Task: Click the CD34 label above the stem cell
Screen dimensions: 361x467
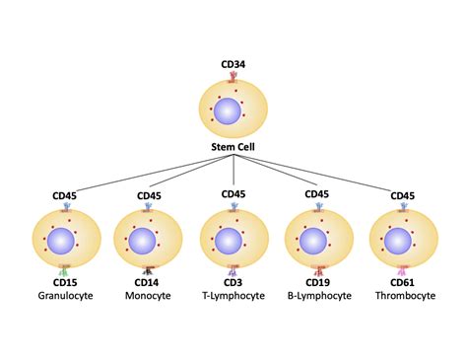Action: tap(233, 66)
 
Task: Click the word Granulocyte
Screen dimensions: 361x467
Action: tap(64, 295)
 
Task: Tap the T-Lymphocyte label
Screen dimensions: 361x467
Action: tap(233, 295)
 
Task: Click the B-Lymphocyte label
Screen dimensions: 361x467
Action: tap(317, 295)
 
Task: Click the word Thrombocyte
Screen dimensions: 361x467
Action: tap(401, 295)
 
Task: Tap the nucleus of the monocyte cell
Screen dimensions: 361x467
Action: tap(144, 240)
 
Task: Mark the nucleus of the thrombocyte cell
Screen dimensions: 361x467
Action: tap(399, 240)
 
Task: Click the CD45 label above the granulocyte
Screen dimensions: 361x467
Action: tap(64, 195)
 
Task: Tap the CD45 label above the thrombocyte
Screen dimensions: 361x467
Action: tap(402, 195)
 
